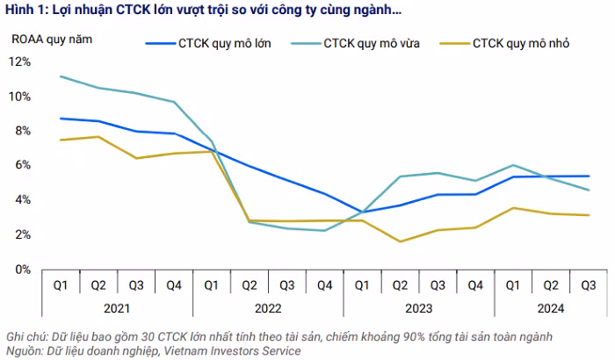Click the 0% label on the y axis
click(23, 269)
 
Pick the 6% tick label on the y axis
click(23, 165)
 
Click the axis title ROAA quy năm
click(50, 39)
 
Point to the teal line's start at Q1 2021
click(61, 76)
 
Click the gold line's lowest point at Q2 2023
click(400, 241)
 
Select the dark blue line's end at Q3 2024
click(588, 176)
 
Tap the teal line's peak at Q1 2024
click(513, 165)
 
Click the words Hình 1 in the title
click(26, 11)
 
